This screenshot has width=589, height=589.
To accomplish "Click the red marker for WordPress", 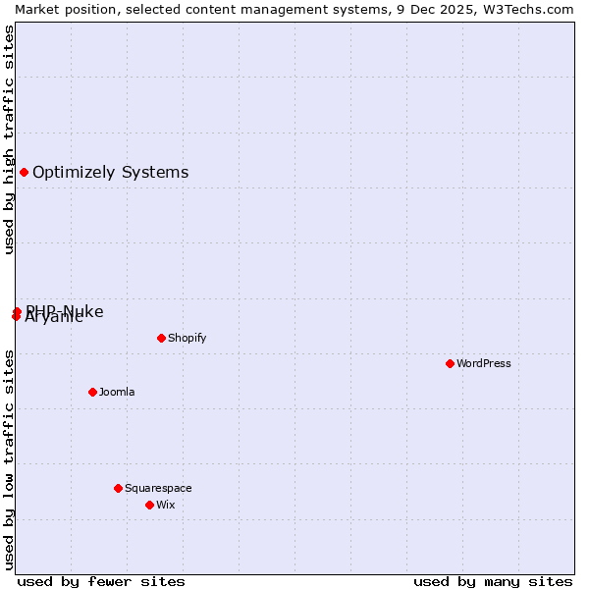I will (x=450, y=363).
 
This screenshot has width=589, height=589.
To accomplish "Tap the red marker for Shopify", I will (x=161, y=338).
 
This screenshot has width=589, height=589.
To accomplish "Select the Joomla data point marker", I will (x=92, y=392).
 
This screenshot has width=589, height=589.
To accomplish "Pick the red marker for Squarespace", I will (x=118, y=488).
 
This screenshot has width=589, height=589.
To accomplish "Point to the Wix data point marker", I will (x=149, y=505).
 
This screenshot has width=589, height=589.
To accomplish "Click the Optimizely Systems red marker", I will (x=24, y=173).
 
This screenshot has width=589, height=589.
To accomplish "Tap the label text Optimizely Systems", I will (x=110, y=173).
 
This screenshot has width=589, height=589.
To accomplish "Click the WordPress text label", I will (x=484, y=363).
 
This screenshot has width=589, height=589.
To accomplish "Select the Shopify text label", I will (x=187, y=338).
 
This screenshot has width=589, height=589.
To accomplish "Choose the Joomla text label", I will (x=117, y=392).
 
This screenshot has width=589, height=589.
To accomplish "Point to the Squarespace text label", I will (x=158, y=488).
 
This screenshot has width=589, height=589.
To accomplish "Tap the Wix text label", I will (x=165, y=505).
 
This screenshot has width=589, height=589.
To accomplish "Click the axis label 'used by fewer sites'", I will (x=101, y=581).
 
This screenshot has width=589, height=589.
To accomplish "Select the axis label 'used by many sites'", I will (x=493, y=581).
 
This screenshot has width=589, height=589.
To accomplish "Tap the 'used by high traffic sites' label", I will (x=9, y=139).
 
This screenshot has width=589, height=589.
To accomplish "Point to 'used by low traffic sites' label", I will (x=9, y=458).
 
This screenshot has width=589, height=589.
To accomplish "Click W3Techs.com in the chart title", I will (x=531, y=9).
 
